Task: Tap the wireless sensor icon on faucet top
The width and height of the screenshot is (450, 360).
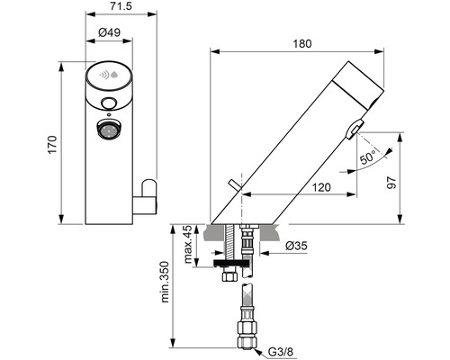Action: (x=109, y=76)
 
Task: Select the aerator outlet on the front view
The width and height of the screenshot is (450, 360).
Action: (x=109, y=132)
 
